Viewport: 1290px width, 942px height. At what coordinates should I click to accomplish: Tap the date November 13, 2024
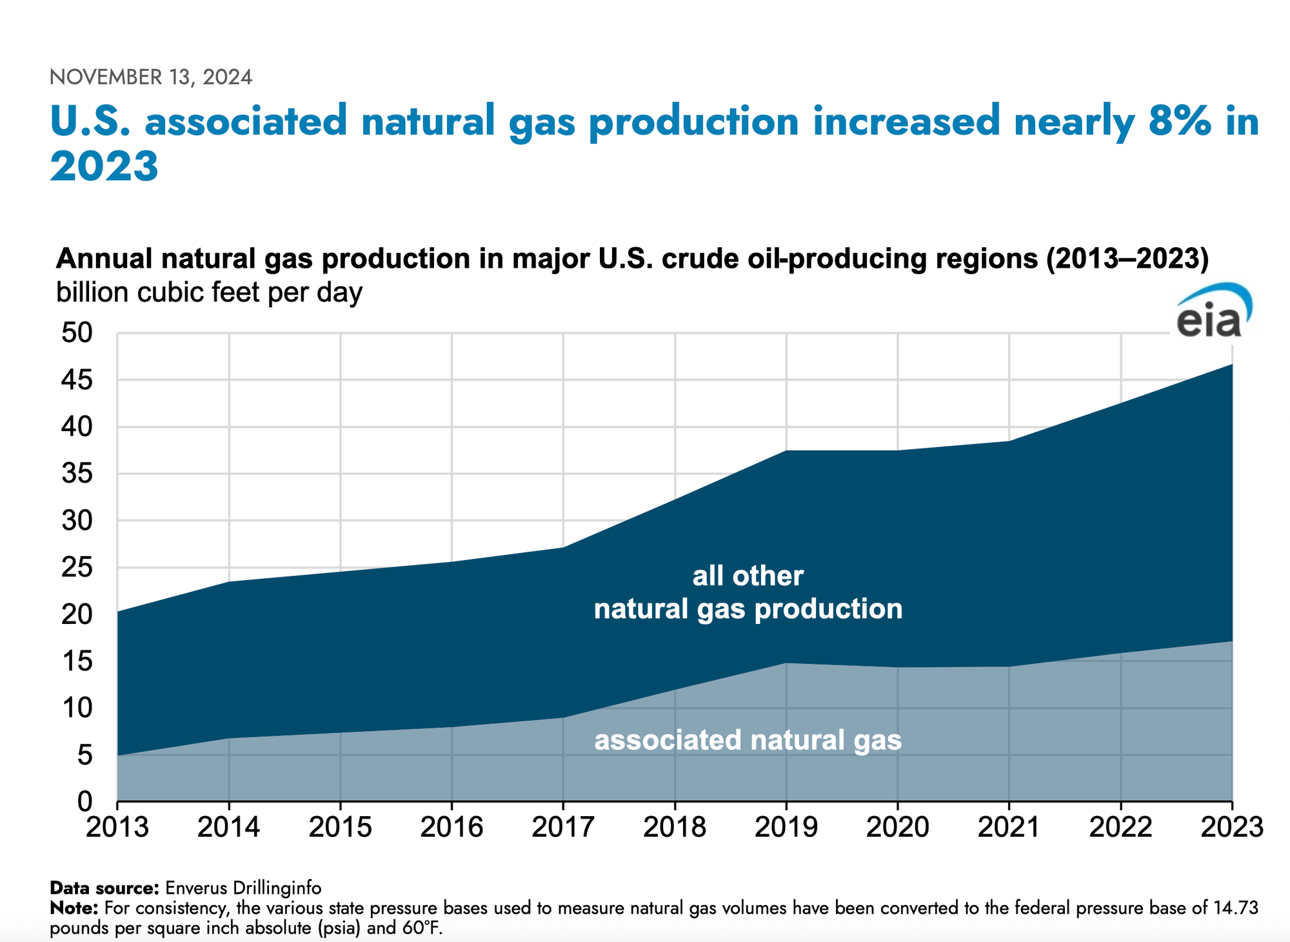151,77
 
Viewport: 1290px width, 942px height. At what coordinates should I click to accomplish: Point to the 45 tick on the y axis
77,380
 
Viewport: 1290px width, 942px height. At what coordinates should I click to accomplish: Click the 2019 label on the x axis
786,827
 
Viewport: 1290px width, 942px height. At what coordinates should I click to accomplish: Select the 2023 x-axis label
1231,827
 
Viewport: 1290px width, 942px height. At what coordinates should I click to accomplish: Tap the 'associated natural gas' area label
748,740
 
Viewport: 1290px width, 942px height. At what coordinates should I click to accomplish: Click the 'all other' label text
748,576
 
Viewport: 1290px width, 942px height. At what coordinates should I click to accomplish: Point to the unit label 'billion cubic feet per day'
209,292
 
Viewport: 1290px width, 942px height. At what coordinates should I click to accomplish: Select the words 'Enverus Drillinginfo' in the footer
243,888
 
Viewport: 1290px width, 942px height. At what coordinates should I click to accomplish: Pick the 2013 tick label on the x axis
117,827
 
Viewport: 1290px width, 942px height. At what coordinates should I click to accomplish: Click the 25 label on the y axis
77,568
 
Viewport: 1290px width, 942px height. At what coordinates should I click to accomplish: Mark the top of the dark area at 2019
786,450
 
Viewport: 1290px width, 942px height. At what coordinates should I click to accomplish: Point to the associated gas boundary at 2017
563,717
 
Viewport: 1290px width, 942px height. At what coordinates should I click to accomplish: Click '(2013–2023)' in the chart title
1126,259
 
